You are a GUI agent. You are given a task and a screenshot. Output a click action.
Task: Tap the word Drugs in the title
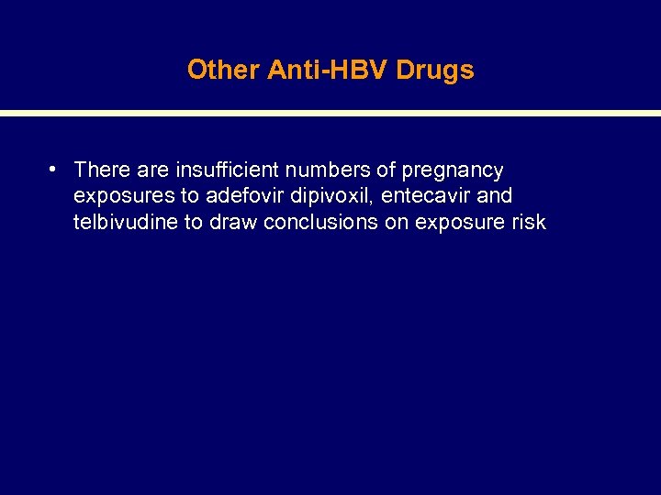435,70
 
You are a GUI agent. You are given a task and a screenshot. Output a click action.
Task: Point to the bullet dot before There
55,170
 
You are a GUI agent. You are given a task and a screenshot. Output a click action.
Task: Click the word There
104,170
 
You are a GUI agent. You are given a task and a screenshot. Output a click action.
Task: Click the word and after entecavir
494,195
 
